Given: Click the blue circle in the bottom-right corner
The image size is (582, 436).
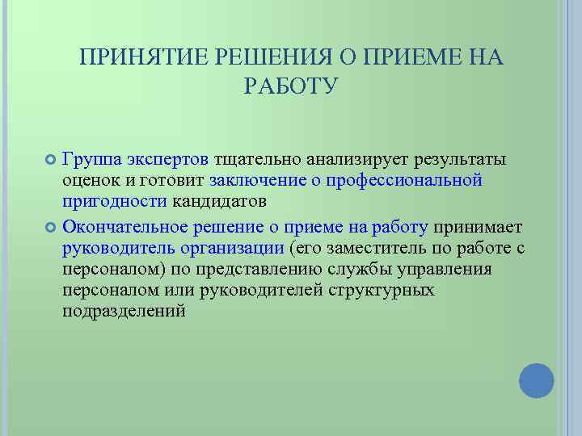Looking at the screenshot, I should click(x=536, y=380).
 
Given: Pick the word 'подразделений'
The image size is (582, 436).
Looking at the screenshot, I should click(x=124, y=311).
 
